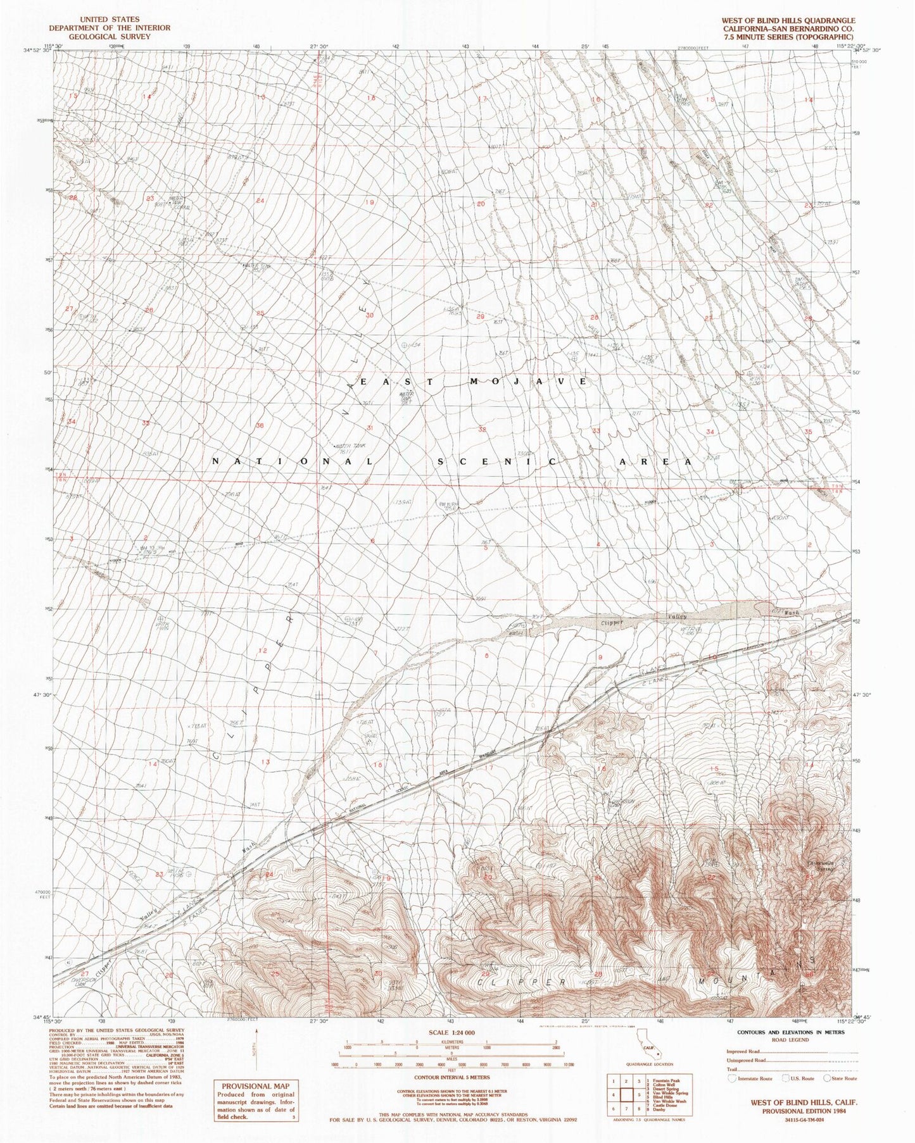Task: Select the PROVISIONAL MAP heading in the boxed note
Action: click(255, 1085)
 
